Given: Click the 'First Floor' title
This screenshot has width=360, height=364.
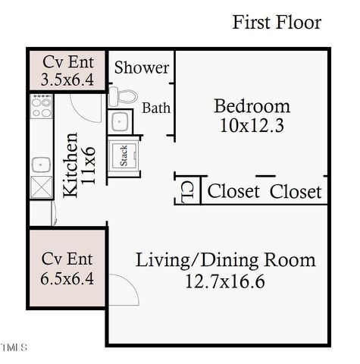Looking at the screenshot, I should (277, 22).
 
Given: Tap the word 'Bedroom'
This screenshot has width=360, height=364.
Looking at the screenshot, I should (252, 105).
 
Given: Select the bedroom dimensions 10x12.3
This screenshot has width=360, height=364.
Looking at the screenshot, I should (252, 125).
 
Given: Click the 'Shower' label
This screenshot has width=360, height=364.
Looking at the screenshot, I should (142, 67).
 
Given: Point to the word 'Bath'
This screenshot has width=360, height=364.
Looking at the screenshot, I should (156, 108).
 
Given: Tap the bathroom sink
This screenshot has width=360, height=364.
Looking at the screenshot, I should (121, 121).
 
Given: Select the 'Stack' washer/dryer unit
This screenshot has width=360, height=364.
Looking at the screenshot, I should (123, 156).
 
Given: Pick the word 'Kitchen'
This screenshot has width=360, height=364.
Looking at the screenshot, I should (70, 165).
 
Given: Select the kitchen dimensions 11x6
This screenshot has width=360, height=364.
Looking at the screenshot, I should (90, 165).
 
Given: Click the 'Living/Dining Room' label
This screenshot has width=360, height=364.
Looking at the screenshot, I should (225, 261).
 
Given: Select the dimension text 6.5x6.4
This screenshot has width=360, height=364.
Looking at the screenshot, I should (67, 278).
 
